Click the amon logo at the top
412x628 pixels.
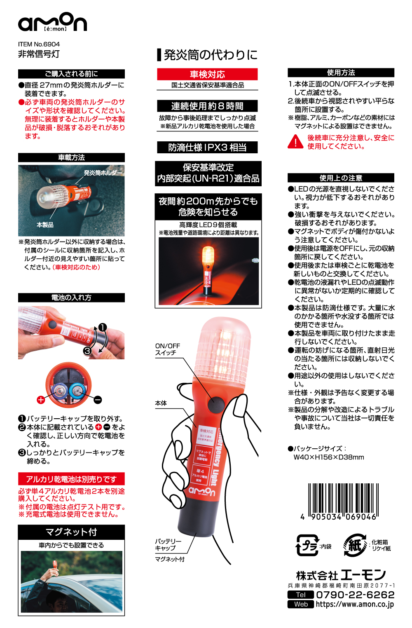coord(52,22)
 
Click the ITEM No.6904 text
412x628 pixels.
coord(39,44)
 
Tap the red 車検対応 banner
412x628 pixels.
coord(207,74)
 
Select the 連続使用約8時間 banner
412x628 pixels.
coord(207,106)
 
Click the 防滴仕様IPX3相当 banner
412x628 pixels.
coord(207,148)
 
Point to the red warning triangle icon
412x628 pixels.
coord(295,142)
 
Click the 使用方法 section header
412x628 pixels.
coord(341,73)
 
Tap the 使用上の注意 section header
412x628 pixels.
coord(341,178)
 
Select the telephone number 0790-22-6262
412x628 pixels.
coord(355,595)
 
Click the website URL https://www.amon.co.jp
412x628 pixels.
coord(355,605)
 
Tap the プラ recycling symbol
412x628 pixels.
coord(307,546)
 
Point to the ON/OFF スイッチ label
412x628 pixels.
coord(168,349)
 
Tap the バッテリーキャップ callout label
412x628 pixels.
coord(168,544)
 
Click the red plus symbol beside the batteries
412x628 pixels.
coord(41,399)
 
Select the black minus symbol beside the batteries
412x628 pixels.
coord(98,399)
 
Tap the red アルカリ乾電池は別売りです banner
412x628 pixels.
coord(71,479)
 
